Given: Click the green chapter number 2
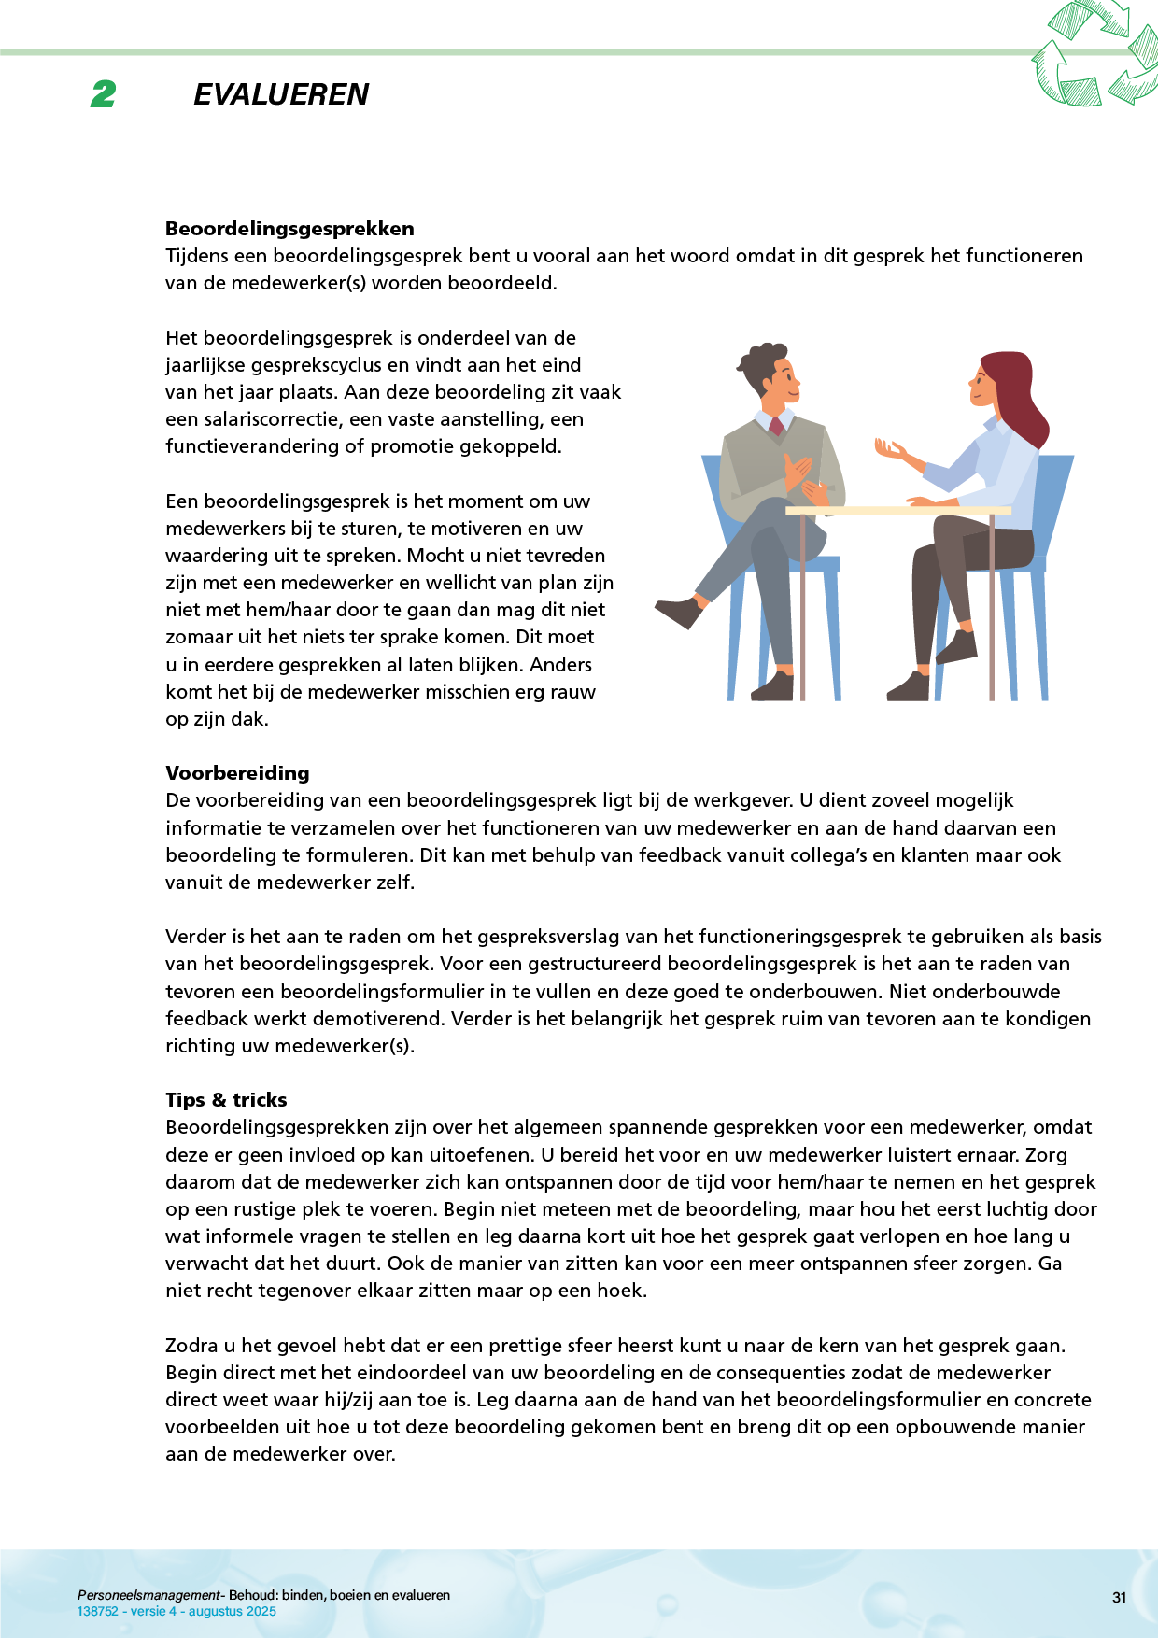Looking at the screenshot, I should (104, 94).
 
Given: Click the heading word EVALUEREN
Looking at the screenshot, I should (281, 94).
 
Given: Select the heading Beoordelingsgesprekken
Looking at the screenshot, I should (289, 229).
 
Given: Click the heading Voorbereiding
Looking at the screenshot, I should (237, 773).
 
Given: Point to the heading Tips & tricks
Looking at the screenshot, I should (226, 1100).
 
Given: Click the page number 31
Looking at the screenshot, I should (1119, 1598).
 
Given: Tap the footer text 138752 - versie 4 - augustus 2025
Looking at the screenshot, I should (177, 1611).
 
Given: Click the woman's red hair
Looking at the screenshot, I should (1018, 392).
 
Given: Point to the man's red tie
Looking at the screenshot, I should (776, 427).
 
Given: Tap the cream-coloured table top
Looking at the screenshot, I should (897, 510).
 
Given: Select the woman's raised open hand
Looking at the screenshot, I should (890, 449).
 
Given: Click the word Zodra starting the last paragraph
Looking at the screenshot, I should (191, 1346).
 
